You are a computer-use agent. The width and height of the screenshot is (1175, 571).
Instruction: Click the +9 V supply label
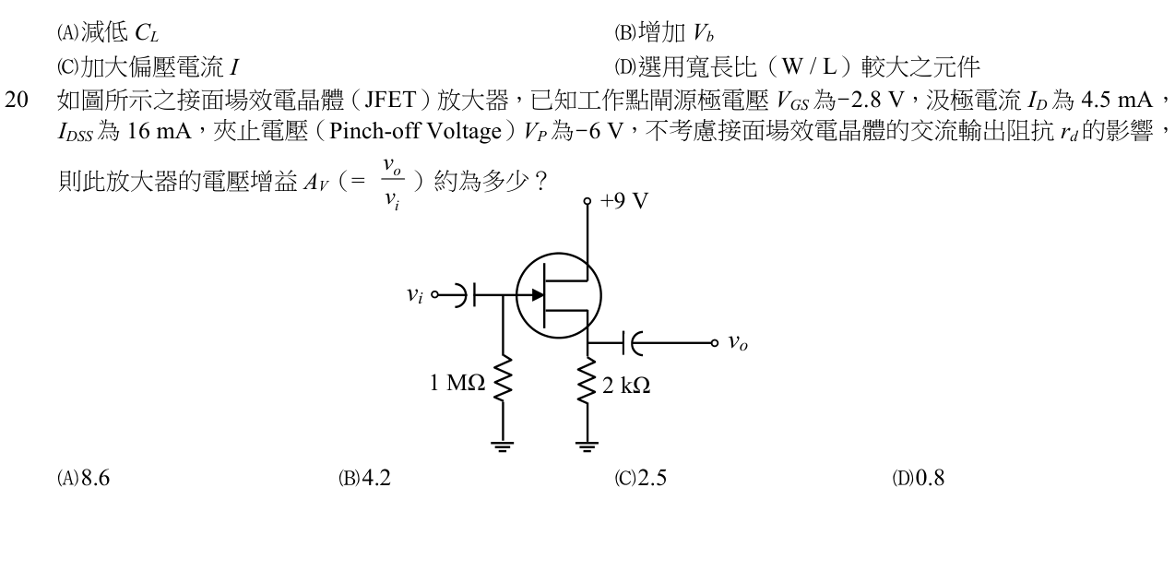[624, 200]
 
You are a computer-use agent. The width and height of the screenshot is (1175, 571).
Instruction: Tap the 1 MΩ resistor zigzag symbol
[503, 379]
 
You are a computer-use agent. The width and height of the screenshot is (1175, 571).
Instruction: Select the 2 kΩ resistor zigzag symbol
[587, 381]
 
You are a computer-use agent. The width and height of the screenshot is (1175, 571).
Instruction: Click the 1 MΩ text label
[457, 383]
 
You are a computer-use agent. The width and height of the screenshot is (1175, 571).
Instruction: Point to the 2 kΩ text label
[626, 386]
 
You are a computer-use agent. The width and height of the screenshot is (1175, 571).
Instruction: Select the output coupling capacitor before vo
[632, 343]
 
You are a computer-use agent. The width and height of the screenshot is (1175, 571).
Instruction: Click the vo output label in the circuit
[738, 343]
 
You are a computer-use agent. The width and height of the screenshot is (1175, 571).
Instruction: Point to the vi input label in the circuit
[415, 295]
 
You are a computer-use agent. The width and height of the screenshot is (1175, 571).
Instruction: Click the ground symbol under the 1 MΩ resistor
[503, 446]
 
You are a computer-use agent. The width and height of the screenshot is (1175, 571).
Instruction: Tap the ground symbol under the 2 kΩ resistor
[587, 446]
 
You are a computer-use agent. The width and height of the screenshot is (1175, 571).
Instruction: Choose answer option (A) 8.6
[83, 478]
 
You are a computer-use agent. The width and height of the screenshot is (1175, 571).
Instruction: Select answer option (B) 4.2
[364, 478]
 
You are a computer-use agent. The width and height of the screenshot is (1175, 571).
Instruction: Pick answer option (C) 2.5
[640, 478]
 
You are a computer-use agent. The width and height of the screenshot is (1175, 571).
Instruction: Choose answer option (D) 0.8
[919, 478]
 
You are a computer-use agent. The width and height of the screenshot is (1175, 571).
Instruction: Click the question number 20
[17, 100]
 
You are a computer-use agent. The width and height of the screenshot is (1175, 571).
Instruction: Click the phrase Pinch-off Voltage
[415, 131]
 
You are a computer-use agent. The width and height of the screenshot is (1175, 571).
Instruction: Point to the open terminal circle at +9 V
[587, 201]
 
